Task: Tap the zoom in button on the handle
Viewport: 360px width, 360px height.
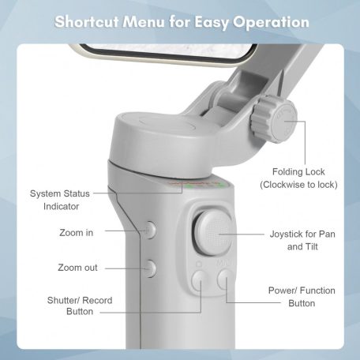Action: point(150,231)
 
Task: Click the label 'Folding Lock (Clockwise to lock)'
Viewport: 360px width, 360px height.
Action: point(298,178)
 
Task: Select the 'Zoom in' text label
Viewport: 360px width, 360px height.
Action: point(77,232)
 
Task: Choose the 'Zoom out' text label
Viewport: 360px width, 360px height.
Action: point(78,268)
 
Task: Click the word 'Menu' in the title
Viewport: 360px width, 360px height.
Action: point(147,21)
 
